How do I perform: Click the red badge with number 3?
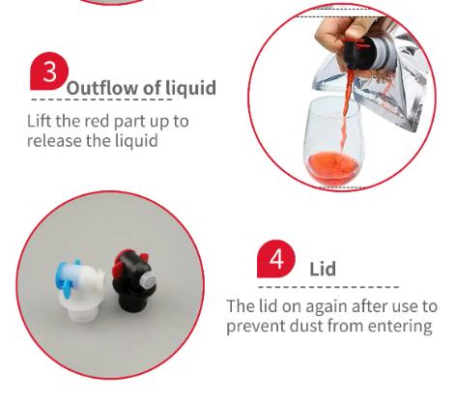click(x=49, y=72)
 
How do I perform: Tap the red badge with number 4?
click(x=276, y=259)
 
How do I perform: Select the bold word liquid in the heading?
click(x=190, y=88)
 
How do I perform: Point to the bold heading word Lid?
click(x=323, y=269)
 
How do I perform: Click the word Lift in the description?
click(x=40, y=121)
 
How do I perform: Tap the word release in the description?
click(x=54, y=141)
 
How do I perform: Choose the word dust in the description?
click(x=306, y=326)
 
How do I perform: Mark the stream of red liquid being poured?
click(x=346, y=109)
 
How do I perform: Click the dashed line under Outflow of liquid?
click(x=101, y=100)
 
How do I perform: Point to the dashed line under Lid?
click(x=328, y=287)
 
